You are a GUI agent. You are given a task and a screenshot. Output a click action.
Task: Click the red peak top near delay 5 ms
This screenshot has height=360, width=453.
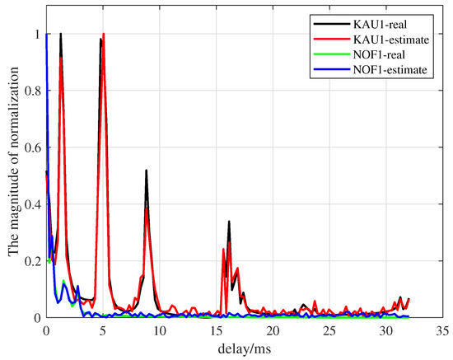tap(103, 35)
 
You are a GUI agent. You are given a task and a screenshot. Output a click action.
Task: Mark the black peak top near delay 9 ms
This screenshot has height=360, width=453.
tap(146, 171)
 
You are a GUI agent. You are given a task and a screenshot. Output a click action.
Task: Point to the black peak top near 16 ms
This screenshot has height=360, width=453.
tap(229, 222)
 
